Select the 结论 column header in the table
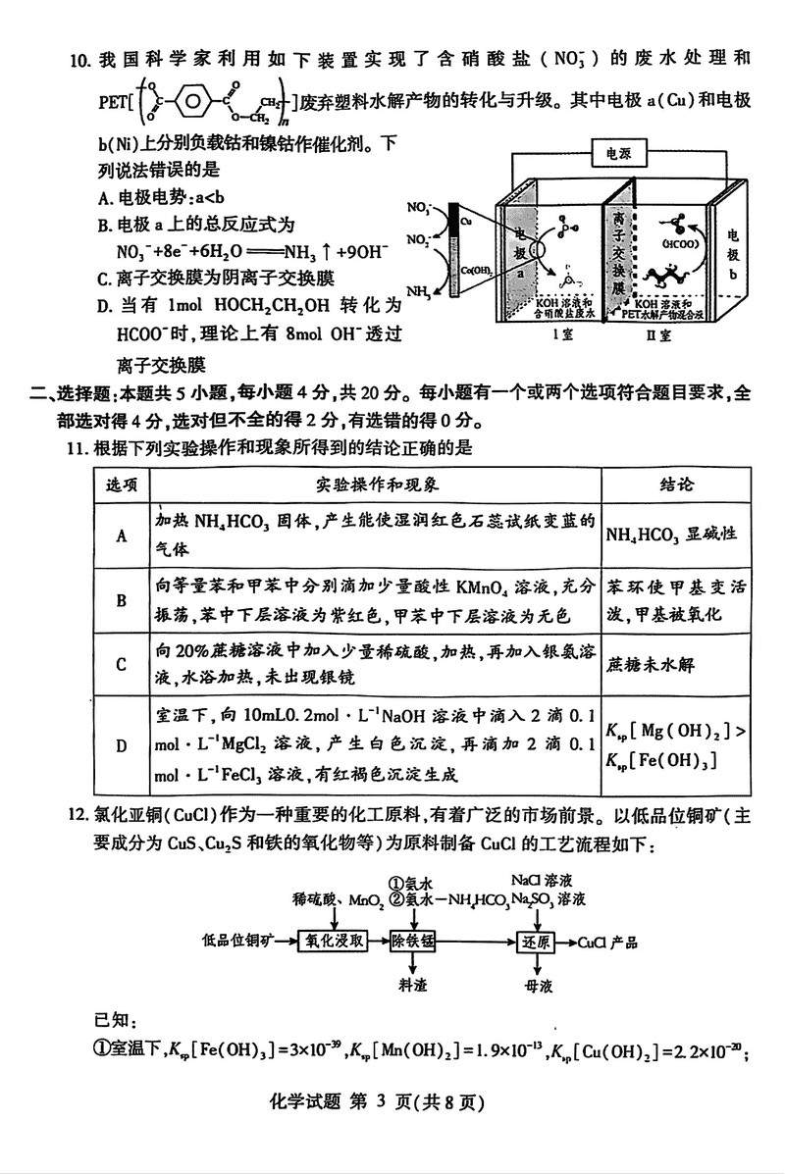click(672, 485)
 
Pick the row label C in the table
click(122, 664)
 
